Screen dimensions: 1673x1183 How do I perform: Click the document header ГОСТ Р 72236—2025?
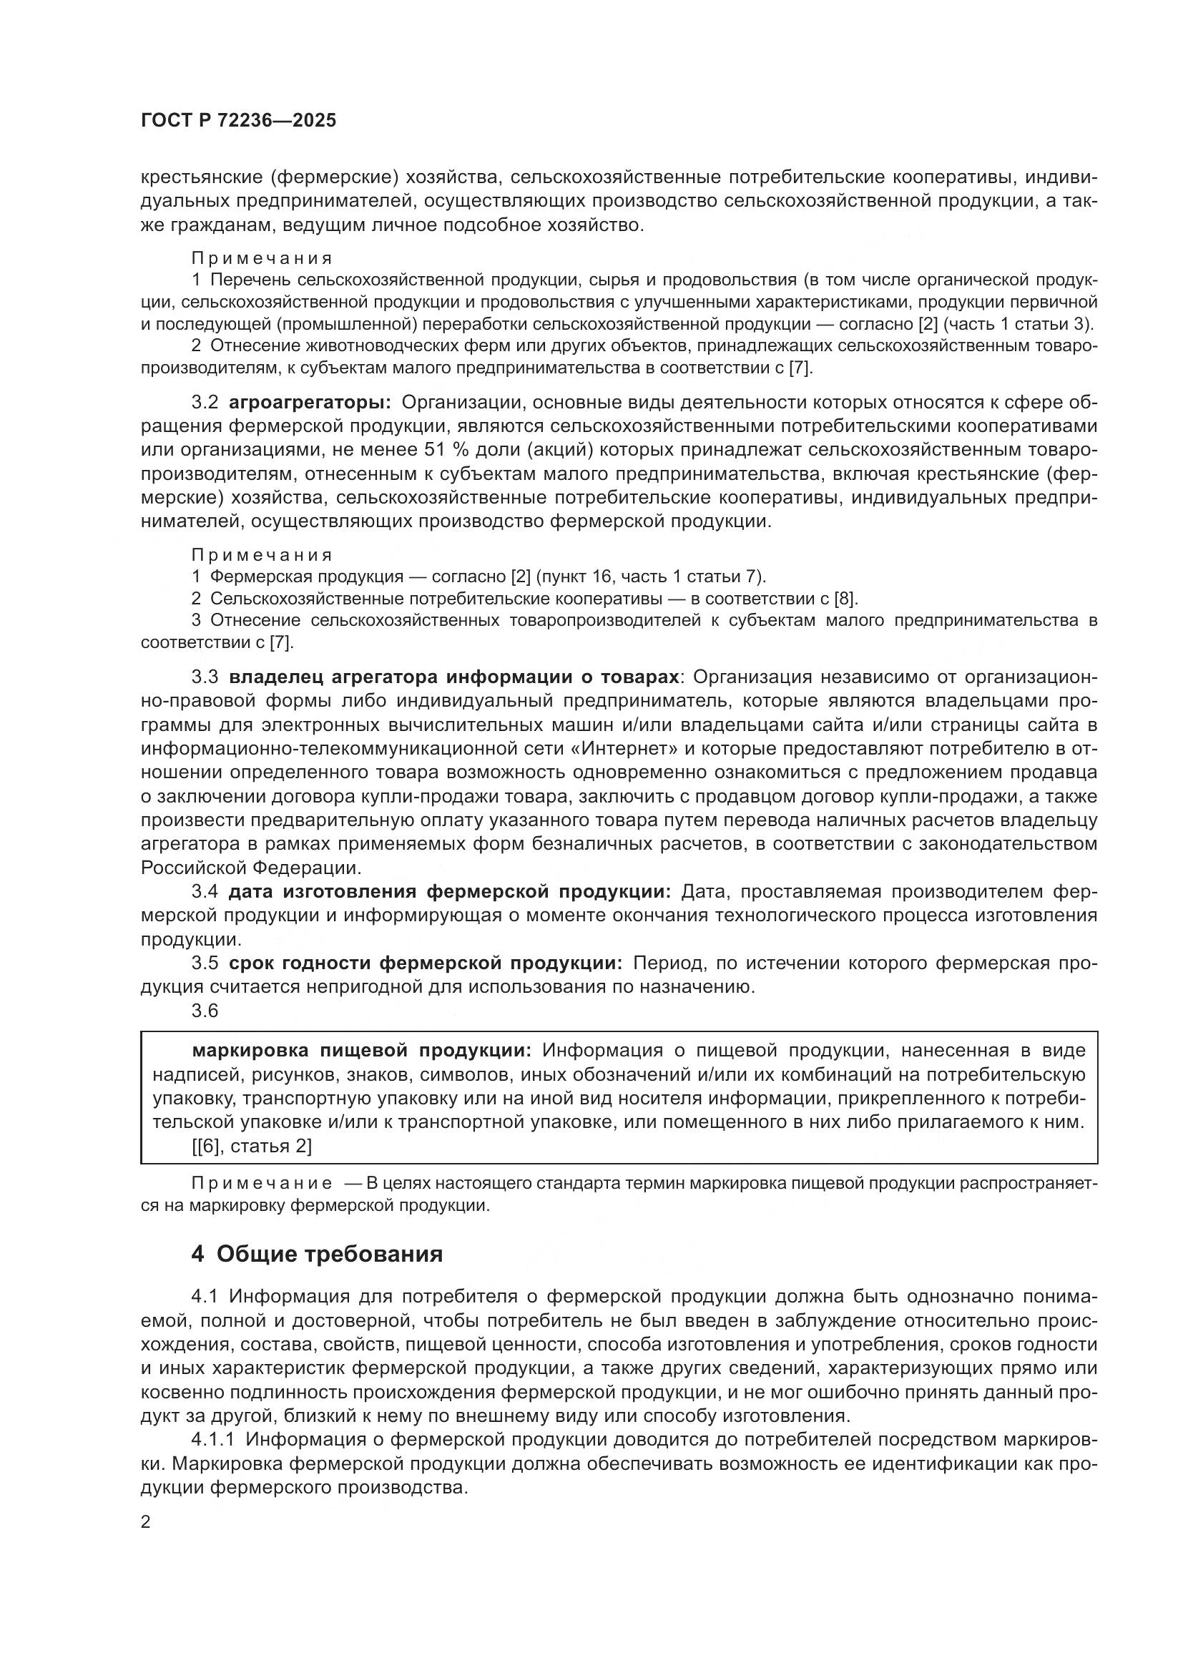click(x=238, y=121)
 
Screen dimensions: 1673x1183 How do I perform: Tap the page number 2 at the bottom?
click(x=146, y=1522)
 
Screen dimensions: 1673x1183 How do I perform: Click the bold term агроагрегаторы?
click(x=310, y=403)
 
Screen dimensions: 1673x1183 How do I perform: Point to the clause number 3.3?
click(x=205, y=677)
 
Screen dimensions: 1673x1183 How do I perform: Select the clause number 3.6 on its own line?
click(x=205, y=1011)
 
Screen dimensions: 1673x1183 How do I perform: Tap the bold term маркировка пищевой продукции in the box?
click(x=361, y=1050)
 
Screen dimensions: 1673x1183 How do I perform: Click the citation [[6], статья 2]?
click(x=251, y=1146)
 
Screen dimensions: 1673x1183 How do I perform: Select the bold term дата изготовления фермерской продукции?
click(x=448, y=892)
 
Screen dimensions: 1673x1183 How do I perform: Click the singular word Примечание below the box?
click(x=262, y=1183)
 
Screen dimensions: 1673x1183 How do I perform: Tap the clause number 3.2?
click(x=205, y=403)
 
